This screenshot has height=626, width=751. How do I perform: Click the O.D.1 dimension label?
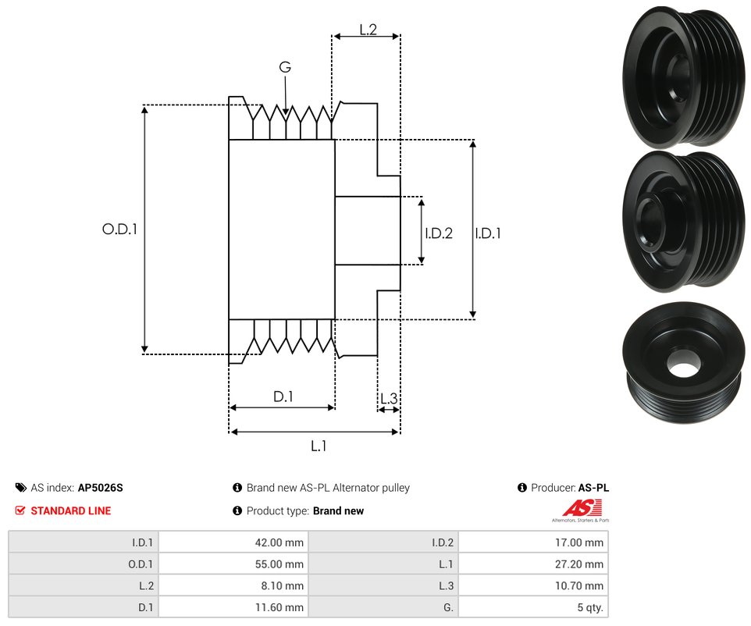[x=119, y=229]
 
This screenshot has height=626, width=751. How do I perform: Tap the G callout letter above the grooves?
[x=285, y=68]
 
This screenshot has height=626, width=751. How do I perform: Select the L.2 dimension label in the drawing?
[x=368, y=30]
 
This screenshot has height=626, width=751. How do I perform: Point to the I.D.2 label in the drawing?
[x=439, y=233]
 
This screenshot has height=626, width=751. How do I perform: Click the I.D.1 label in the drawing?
[x=488, y=233]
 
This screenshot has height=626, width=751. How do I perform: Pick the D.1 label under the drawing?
[x=283, y=397]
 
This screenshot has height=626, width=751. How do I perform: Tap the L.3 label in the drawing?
[x=388, y=400]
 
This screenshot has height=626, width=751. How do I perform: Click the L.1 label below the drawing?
[x=319, y=446]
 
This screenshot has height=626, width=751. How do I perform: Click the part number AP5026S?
[x=101, y=488]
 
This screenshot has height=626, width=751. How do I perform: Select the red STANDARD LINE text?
[x=70, y=511]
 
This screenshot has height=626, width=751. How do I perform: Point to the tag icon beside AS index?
[x=20, y=488]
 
